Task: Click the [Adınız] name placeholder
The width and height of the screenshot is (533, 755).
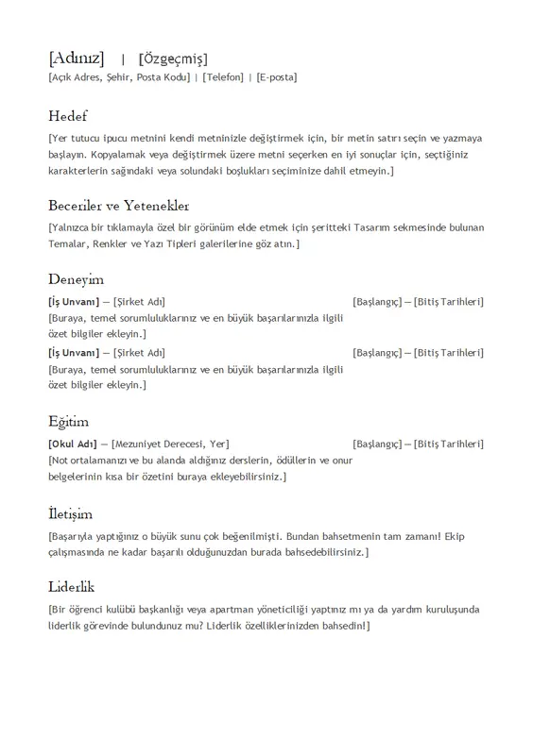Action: point(76,59)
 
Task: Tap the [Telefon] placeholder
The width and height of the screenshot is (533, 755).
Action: point(222,77)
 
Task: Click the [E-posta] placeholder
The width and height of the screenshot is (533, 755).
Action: point(276,77)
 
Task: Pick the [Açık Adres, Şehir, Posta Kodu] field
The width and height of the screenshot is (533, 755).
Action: point(118,77)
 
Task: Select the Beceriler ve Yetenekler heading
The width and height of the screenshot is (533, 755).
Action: point(119,205)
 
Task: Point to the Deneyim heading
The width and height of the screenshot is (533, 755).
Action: point(76,279)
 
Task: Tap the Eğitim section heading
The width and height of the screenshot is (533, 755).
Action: point(68,421)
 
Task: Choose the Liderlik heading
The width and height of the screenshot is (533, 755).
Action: point(72,586)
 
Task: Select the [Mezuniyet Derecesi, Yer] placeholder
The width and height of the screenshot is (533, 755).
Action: point(170,444)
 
